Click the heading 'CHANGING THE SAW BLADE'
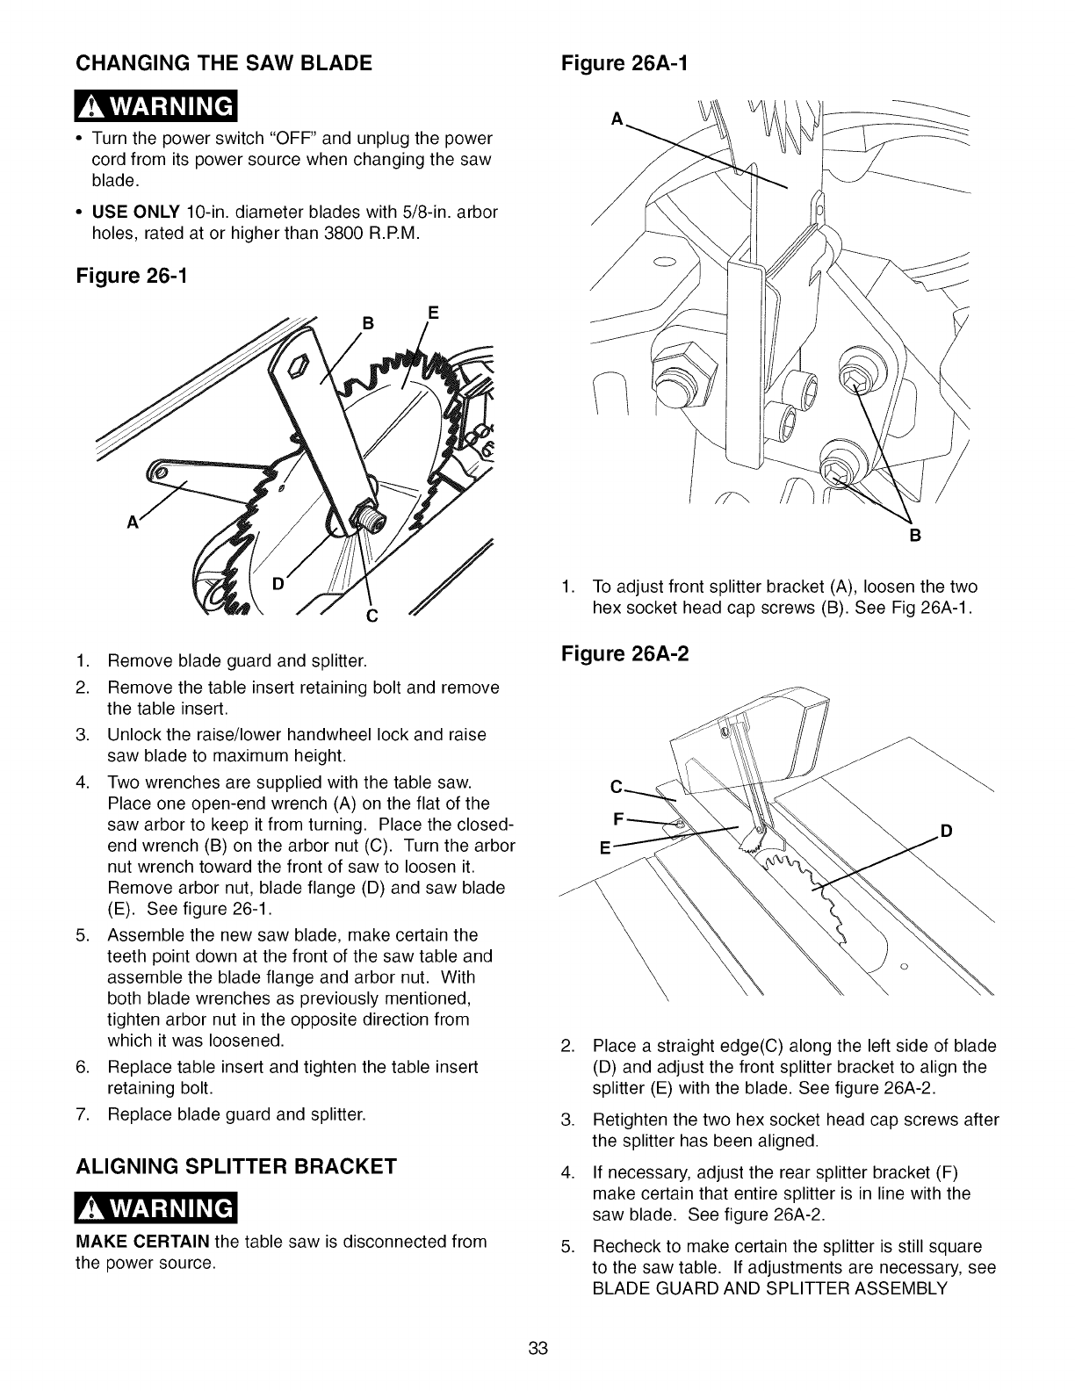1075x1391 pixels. point(224,63)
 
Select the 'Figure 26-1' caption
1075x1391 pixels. point(132,276)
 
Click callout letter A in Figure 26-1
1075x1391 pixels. point(133,521)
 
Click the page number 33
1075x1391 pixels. point(538,1348)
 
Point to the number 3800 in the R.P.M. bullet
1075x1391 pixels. point(364,233)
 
